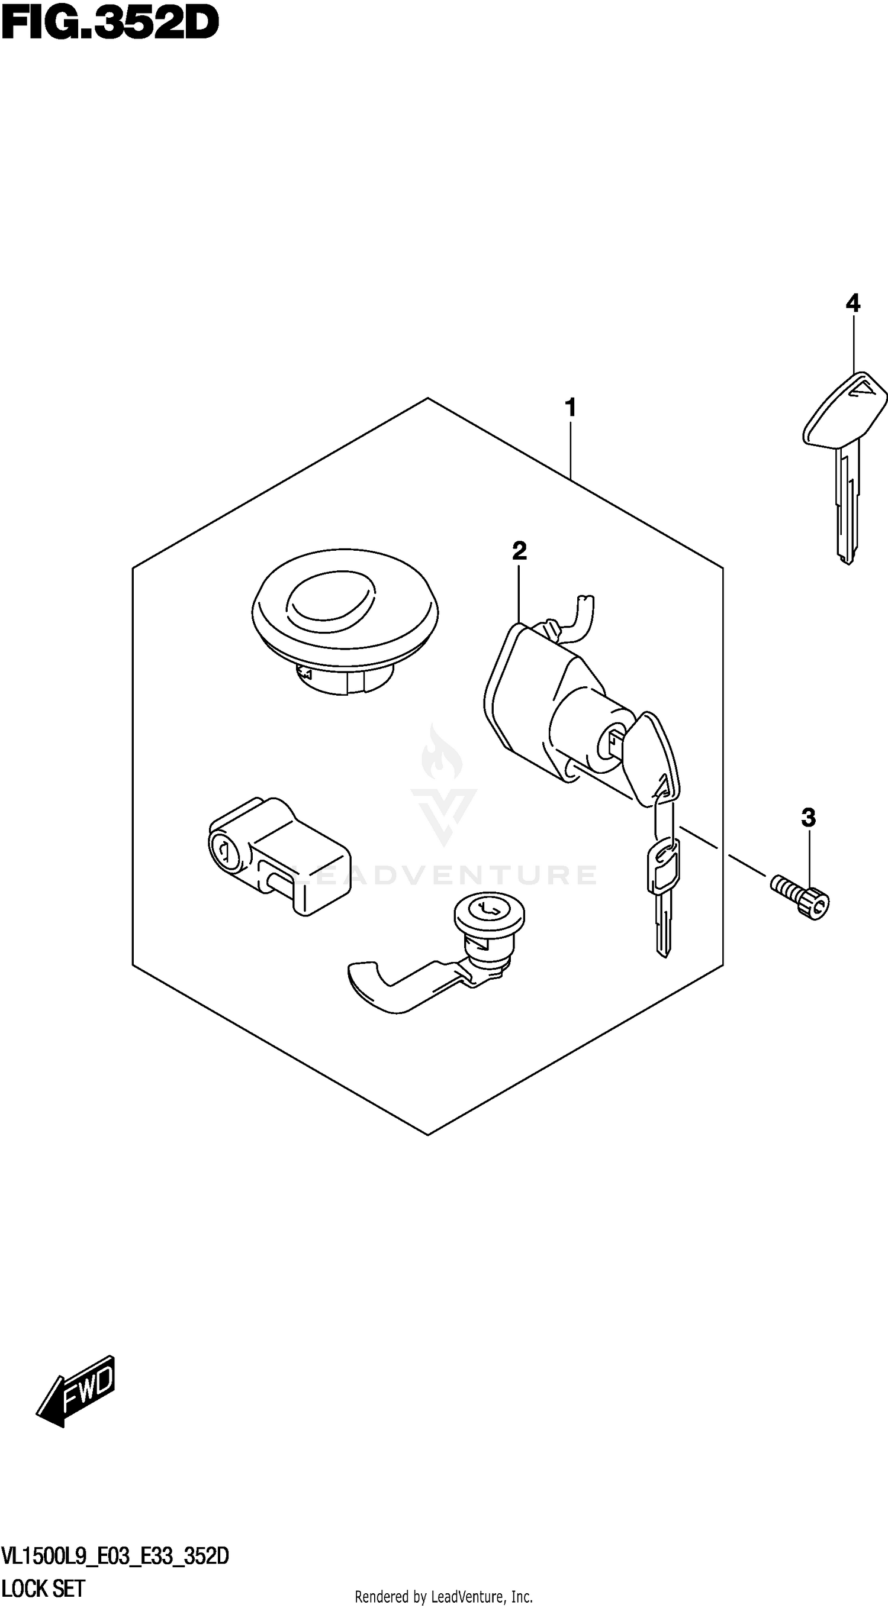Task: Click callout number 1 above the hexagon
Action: (x=570, y=408)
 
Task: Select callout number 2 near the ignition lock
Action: (x=519, y=551)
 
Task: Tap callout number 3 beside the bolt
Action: (x=808, y=817)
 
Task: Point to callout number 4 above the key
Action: (x=852, y=303)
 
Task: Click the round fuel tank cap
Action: (x=345, y=618)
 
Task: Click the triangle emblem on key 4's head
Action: (x=868, y=389)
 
